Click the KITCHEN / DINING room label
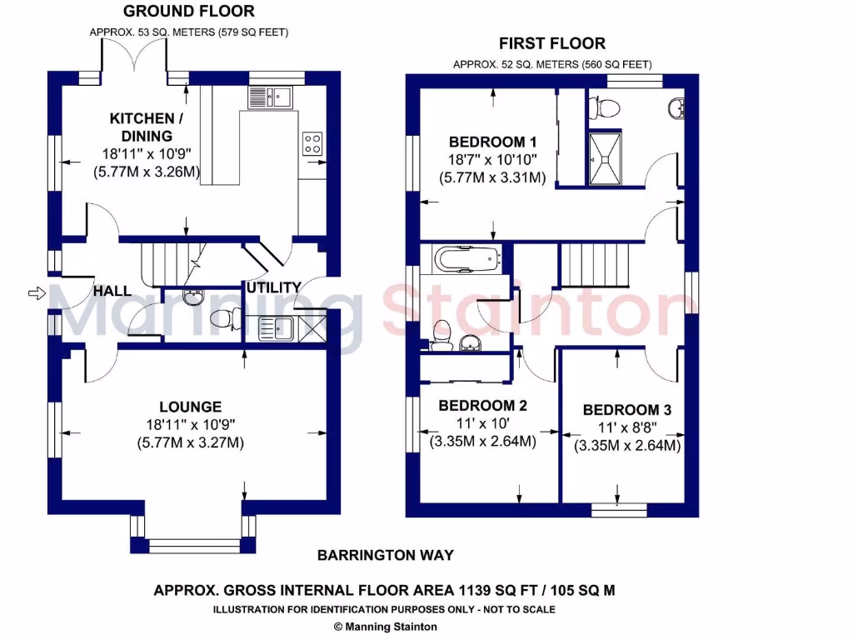coord(142,127)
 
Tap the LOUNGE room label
coord(190,407)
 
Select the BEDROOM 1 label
coord(487,141)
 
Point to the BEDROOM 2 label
coord(482,406)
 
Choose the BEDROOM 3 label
coord(627,410)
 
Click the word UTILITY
coord(273,287)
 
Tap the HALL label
coord(112,291)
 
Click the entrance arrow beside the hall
coord(35,292)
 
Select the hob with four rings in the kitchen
coord(312,143)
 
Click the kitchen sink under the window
coord(267,97)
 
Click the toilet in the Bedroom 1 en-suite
coord(603,107)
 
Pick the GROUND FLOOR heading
coord(189,12)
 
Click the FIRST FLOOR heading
coord(551,43)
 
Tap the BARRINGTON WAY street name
coord(386,555)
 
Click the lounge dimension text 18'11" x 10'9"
coord(190,425)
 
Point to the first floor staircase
coord(596,262)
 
